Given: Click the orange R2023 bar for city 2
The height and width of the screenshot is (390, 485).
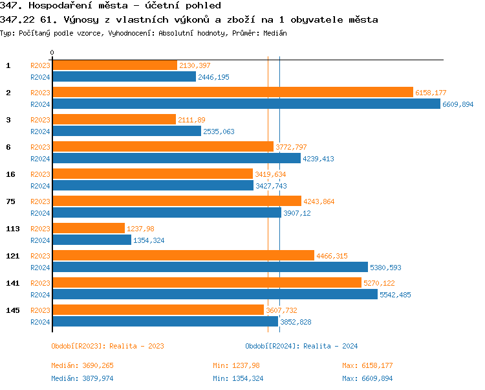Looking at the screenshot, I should click(x=232, y=93).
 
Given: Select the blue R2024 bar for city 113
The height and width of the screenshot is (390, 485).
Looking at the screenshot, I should click(x=91, y=240).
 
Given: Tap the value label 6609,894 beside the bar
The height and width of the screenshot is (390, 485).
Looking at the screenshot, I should click(x=458, y=104).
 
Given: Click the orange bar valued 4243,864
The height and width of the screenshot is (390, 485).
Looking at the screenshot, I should click(x=177, y=201).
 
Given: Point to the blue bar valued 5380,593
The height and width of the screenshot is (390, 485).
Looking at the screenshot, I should click(x=210, y=267).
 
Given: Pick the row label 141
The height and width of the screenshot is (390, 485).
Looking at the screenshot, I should click(x=12, y=283).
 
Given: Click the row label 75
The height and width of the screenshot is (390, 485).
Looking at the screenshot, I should click(x=10, y=201).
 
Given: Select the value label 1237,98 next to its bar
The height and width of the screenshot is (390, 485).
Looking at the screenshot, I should click(x=140, y=229).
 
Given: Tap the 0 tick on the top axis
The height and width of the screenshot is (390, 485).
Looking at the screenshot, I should click(x=52, y=53).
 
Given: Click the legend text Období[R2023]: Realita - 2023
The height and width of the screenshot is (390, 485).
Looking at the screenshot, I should click(x=107, y=346).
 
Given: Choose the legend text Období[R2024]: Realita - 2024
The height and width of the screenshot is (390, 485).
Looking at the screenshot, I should click(x=301, y=346).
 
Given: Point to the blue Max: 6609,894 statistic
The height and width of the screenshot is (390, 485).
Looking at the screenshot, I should click(x=367, y=378).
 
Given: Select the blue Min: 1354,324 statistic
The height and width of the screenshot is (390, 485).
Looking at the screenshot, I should click(x=238, y=378).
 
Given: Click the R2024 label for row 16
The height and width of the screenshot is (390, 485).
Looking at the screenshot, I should click(x=40, y=186).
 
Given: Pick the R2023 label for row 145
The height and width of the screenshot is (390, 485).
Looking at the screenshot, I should click(x=40, y=310).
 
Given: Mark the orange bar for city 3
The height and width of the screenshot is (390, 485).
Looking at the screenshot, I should click(x=114, y=120).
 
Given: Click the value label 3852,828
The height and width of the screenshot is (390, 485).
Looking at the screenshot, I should click(x=296, y=322).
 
